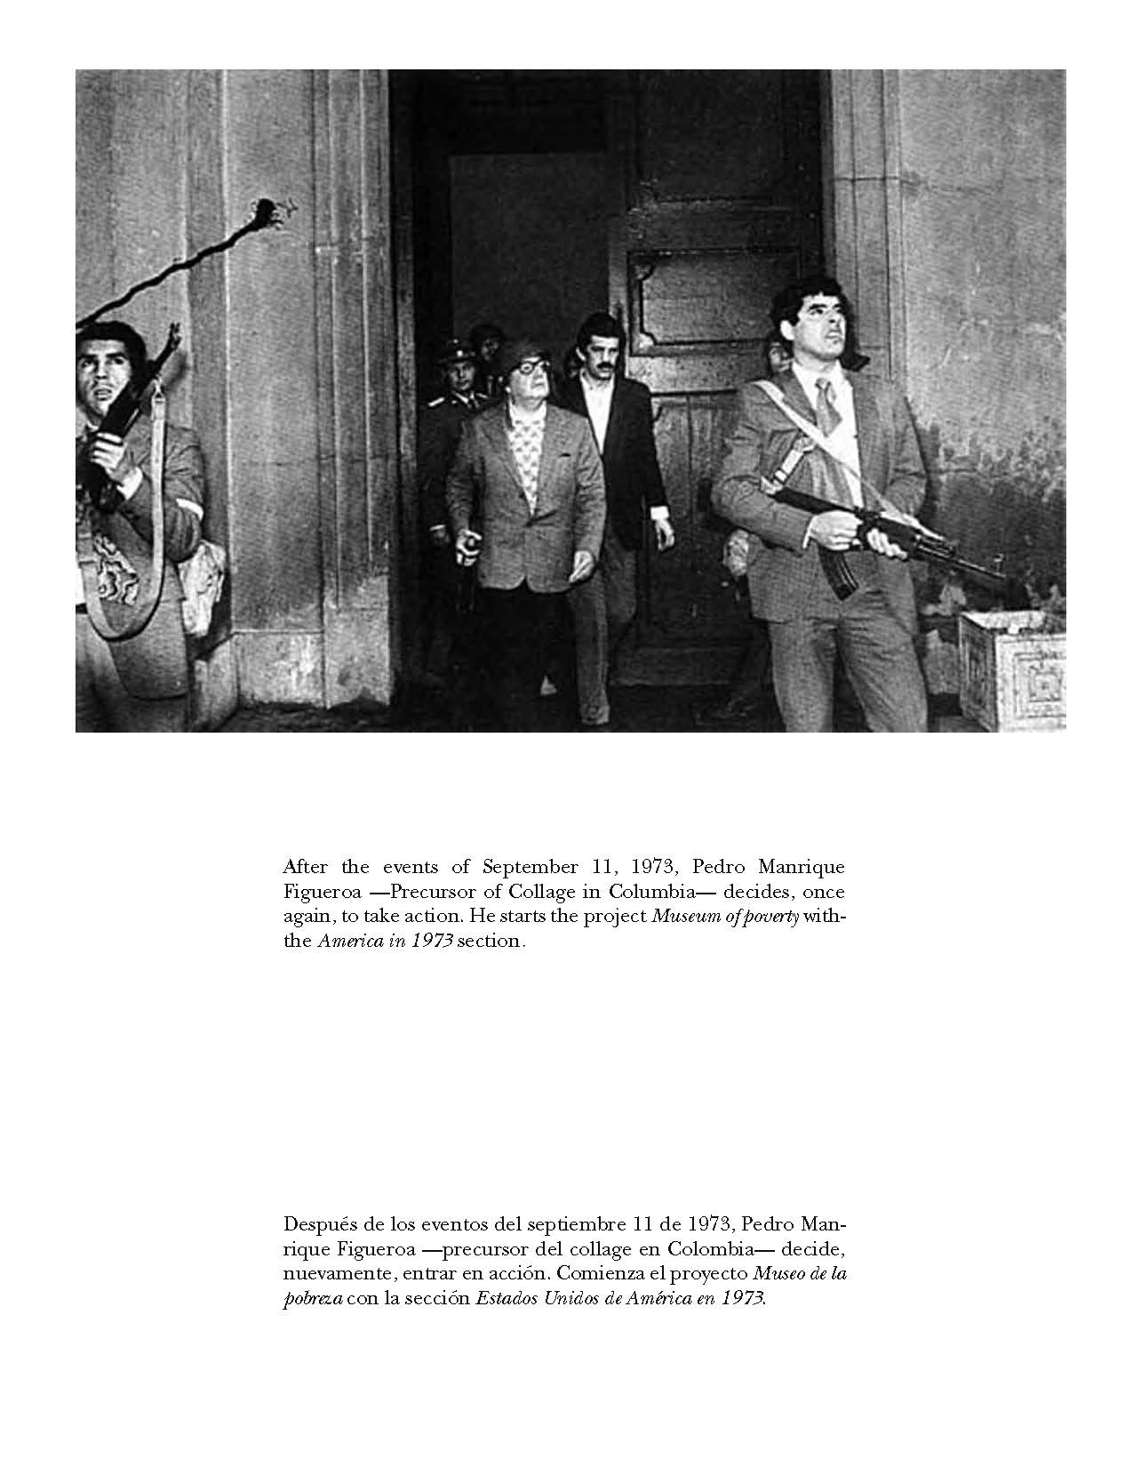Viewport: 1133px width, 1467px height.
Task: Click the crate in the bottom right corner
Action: point(1013,667)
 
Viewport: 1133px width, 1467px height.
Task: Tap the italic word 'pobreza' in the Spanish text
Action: point(311,1297)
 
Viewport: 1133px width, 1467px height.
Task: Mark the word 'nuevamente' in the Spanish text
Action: point(326,1272)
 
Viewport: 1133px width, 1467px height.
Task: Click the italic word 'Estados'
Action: point(507,1297)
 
